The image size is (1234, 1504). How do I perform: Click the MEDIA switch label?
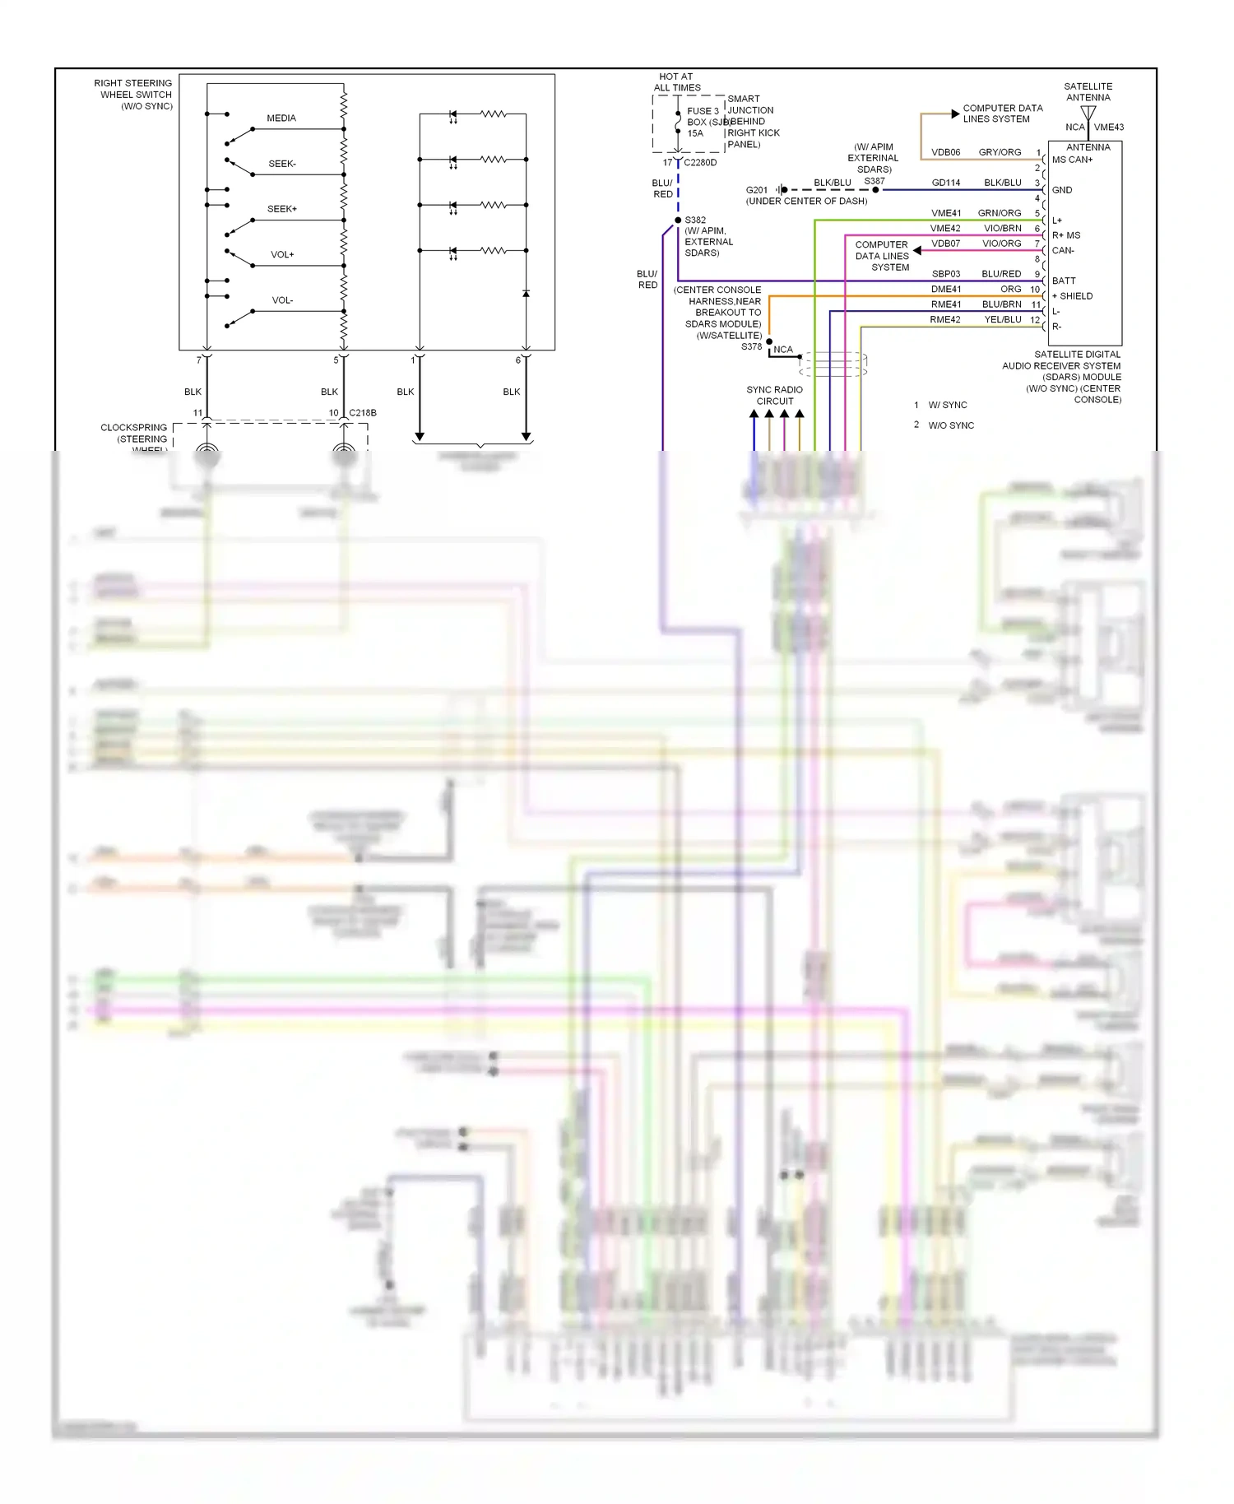coord(281,118)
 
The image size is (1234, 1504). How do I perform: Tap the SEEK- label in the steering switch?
coord(282,164)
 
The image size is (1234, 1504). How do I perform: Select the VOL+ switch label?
coord(282,255)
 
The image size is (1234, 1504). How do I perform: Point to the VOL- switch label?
coord(282,300)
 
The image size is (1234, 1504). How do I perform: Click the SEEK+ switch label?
coord(282,209)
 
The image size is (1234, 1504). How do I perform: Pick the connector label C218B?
coord(363,413)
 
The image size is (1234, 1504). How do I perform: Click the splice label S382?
coord(695,220)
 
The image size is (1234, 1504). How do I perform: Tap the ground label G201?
coord(756,190)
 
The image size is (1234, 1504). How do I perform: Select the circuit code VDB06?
coord(945,152)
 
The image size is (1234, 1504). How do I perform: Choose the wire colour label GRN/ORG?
coord(1000,213)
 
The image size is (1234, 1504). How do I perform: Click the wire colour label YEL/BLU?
coord(1003,320)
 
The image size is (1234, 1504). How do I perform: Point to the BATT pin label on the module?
coord(1064,281)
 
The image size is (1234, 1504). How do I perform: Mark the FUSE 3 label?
coord(703,111)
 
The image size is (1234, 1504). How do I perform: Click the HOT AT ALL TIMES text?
coord(677,82)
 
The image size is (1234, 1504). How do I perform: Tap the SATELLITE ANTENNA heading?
coord(1088,92)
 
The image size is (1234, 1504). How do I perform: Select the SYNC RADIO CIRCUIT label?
coord(774,396)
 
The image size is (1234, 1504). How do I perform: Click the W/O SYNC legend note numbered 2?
coord(950,425)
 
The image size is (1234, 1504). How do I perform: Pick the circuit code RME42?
coord(945,320)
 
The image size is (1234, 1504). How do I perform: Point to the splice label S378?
coord(751,347)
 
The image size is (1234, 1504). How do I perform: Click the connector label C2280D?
coord(700,163)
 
